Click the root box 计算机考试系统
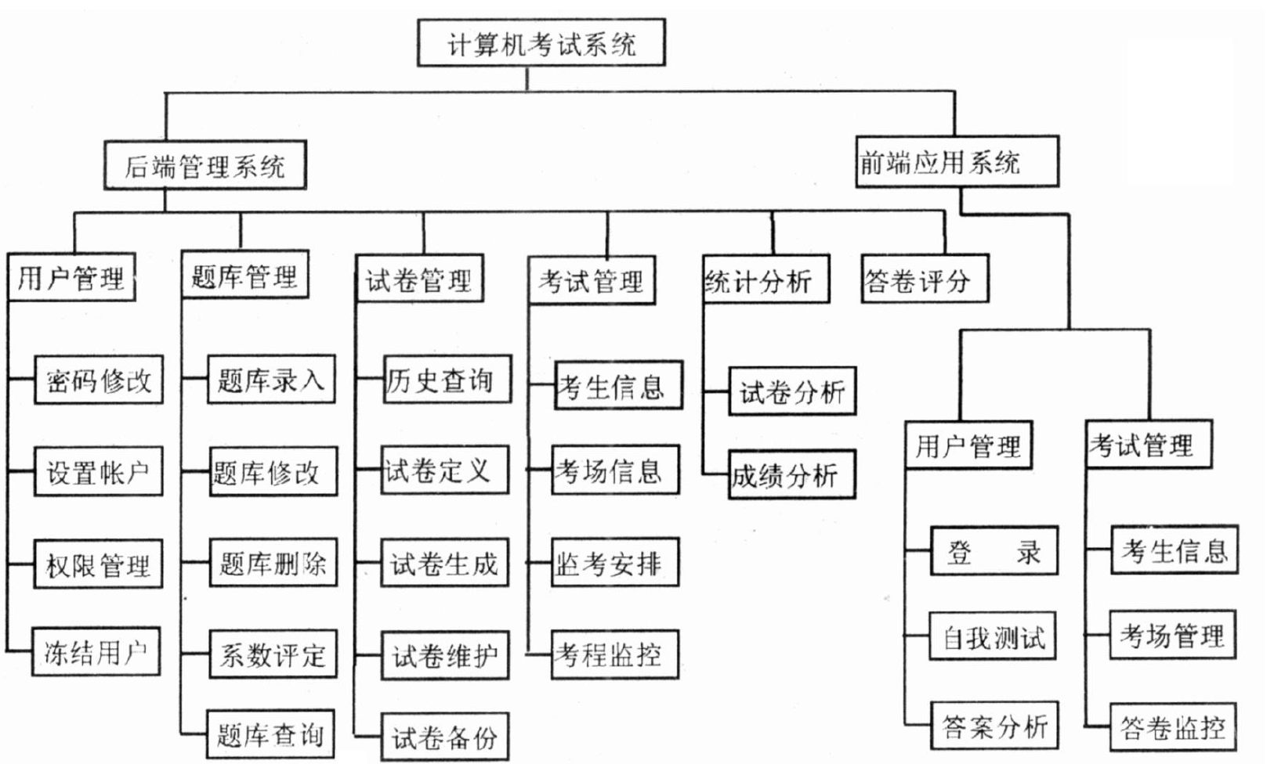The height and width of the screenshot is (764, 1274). pos(541,43)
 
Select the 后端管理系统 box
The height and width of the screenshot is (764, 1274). pos(204,165)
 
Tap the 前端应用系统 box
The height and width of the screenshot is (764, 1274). pos(956,162)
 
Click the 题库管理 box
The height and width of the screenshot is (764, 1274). pos(244,275)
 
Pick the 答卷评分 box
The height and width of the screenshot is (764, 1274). pos(924,279)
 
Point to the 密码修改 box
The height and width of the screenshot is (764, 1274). pos(99,380)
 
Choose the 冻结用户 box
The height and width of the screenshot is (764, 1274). pos(96,651)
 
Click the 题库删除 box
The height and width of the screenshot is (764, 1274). pos(273,562)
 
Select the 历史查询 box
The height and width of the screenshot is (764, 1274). pos(447,380)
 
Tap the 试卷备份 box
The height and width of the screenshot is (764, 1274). pos(444,737)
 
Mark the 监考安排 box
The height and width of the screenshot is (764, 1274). pos(614,562)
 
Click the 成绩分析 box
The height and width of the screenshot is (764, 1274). pos(791,474)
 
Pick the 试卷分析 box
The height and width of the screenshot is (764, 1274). pos(791,391)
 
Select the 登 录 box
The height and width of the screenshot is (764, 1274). pos(994,551)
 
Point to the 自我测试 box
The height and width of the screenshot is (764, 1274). pos(993,636)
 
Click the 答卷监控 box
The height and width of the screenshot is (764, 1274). pos(1172,727)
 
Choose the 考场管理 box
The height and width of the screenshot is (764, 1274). pos(1172,635)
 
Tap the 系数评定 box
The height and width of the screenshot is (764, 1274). pos(273,654)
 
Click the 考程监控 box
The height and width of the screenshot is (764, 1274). pos(614,654)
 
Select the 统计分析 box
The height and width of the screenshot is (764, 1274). pos(765,279)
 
